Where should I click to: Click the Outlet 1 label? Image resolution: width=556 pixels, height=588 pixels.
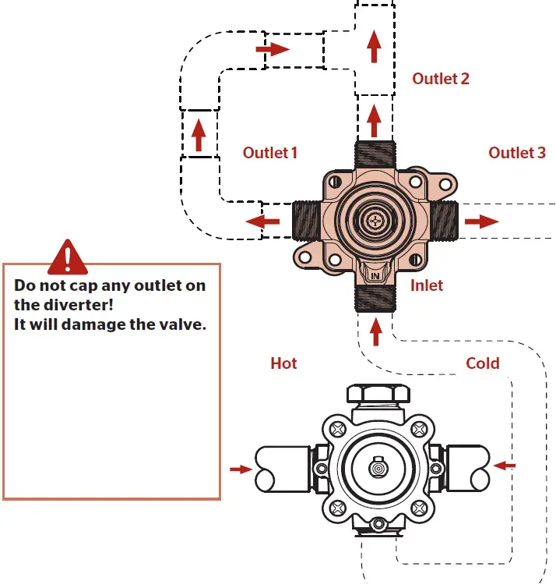pos(270,153)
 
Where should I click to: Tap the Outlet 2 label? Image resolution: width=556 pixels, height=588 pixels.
pos(441,79)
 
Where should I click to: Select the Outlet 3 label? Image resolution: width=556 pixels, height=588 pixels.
pos(517,153)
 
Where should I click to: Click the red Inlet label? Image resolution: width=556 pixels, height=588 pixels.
pos(426,285)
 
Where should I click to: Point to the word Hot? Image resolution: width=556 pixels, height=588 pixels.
pos(283,363)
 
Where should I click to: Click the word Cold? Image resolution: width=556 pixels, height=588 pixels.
pos(483,363)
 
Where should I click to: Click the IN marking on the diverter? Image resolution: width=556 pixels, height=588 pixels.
pos(375,276)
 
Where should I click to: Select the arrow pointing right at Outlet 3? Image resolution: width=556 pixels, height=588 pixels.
pos(482,221)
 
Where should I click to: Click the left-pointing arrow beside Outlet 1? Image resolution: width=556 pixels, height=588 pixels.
pos(262,221)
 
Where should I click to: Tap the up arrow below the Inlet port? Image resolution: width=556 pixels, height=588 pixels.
pos(376,331)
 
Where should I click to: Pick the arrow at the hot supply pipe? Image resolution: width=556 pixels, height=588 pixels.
pos(241,469)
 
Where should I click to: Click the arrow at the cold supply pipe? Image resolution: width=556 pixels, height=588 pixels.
pos(505,466)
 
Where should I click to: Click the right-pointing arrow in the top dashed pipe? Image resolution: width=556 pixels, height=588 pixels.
pos(273,49)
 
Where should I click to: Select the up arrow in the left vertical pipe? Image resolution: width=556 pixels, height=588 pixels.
pos(199,135)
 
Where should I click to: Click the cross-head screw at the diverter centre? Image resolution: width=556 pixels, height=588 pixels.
pos(376,221)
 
